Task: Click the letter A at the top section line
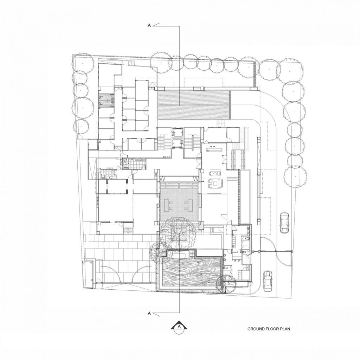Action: tap(149, 25)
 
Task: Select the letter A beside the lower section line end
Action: tap(149, 313)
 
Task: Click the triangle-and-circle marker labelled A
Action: tap(179, 327)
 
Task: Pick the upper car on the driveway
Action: tap(284, 223)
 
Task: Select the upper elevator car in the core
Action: tap(178, 133)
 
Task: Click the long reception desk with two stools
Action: tap(215, 149)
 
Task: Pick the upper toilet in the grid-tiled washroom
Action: tap(101, 98)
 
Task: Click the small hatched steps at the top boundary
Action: tap(131, 63)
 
